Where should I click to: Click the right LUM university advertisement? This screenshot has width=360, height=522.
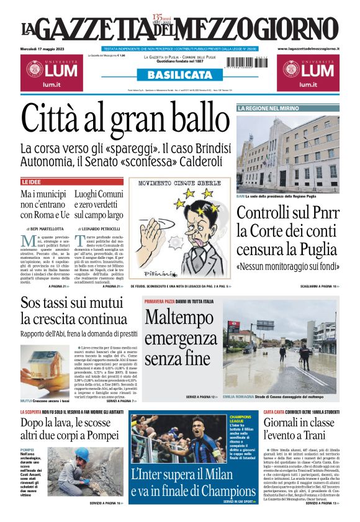(308, 72)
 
